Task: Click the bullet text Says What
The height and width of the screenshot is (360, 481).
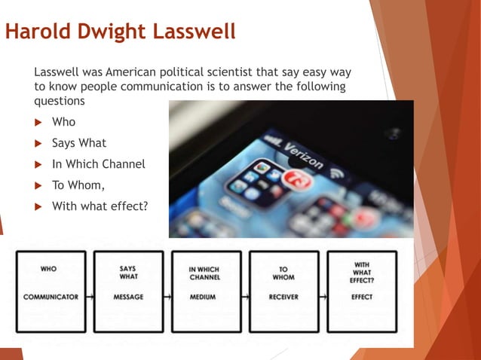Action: tap(79, 143)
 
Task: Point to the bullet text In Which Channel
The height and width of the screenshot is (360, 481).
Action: tap(98, 164)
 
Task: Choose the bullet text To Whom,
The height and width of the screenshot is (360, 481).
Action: tap(78, 185)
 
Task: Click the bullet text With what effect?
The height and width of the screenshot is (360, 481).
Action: tap(100, 206)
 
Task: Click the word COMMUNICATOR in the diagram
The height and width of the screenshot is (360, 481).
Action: tap(51, 297)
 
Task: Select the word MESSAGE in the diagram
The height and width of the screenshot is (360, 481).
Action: tap(128, 297)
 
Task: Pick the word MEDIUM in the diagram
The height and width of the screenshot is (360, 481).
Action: tap(203, 297)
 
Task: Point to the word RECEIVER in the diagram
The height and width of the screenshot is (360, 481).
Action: tap(283, 297)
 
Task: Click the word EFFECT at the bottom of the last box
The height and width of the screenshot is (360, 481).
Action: tap(362, 297)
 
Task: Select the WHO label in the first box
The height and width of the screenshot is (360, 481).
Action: tap(48, 268)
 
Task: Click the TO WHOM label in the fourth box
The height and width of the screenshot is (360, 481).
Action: tap(283, 273)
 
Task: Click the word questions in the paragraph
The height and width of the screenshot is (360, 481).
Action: tap(60, 100)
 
